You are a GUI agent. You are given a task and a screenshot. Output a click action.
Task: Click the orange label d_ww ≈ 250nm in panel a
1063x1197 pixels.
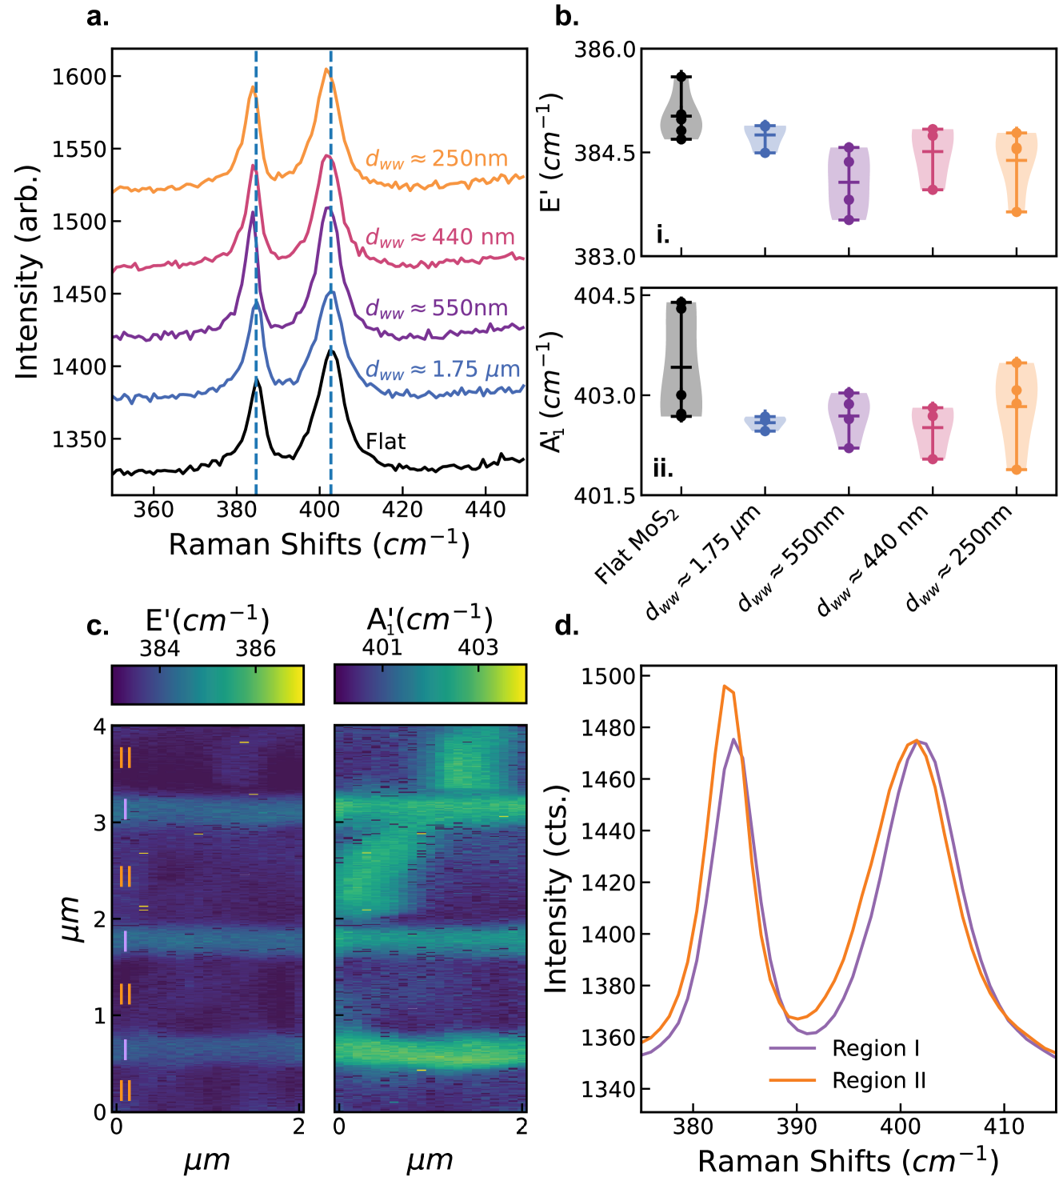437,159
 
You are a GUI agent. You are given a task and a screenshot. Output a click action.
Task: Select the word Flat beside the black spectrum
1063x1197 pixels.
386,442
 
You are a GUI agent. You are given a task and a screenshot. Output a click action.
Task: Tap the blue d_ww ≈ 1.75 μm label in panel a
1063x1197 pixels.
442,370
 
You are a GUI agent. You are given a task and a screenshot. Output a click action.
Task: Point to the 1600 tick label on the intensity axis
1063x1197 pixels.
79,77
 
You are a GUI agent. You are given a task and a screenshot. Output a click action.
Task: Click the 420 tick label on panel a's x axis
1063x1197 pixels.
402,510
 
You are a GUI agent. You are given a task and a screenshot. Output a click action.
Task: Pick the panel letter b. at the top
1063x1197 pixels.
566,16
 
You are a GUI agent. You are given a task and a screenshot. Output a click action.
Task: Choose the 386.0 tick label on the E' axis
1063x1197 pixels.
605,50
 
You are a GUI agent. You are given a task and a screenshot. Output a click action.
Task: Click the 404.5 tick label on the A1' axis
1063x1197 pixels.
605,296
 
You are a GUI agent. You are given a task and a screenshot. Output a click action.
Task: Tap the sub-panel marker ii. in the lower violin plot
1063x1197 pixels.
663,469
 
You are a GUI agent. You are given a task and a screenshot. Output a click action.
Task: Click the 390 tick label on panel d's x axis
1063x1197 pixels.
797,1127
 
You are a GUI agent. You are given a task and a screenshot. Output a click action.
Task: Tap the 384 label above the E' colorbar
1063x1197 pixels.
160,648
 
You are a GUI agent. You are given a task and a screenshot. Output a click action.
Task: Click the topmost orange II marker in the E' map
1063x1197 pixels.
126,757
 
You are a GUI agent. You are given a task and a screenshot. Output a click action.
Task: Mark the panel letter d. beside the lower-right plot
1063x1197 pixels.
566,626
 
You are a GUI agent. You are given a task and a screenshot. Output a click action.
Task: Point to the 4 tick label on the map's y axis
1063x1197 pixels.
100,727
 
